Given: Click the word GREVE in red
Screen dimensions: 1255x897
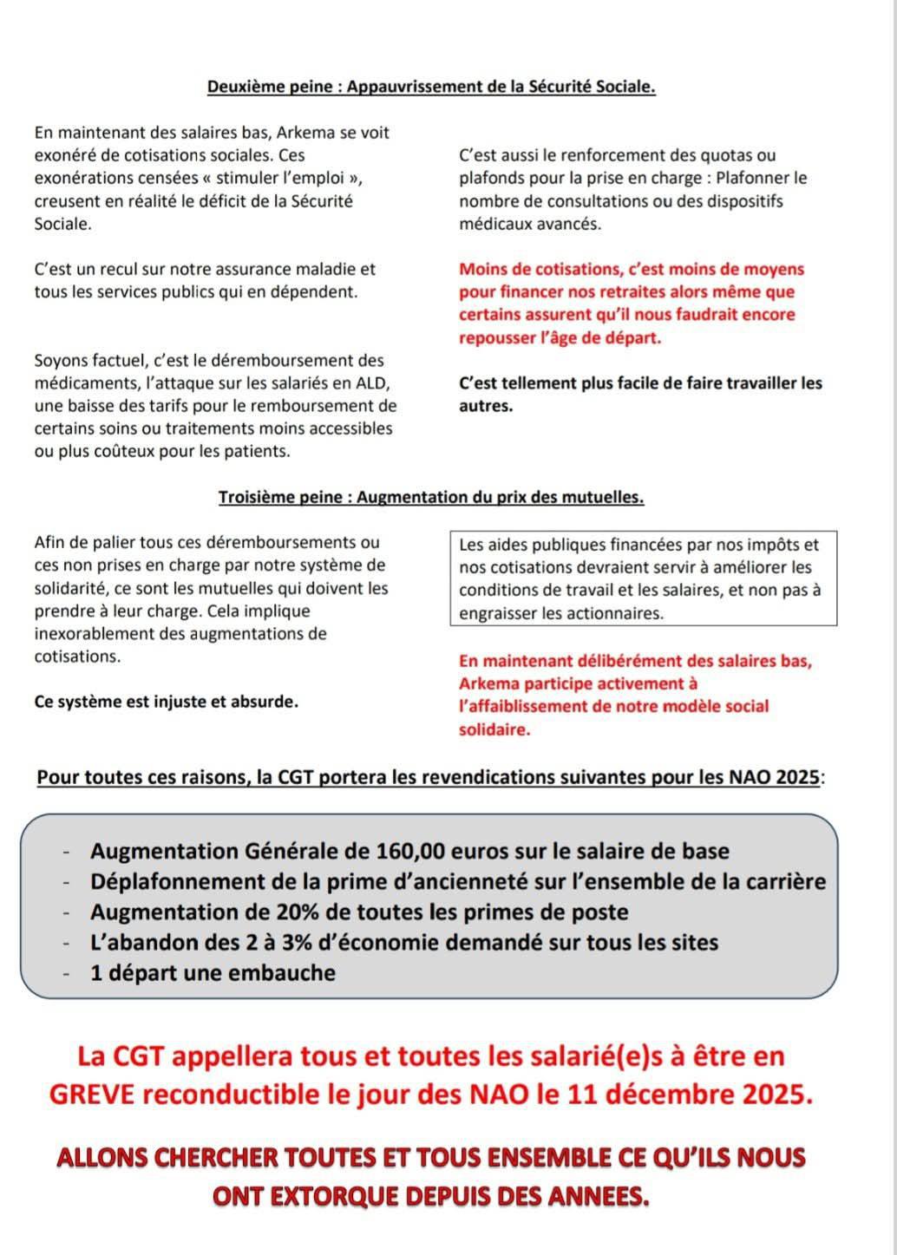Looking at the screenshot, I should point(93,1095).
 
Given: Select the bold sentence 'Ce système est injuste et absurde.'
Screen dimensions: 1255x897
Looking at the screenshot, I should point(166,702).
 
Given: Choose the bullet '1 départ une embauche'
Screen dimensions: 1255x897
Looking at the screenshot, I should point(213,972).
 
